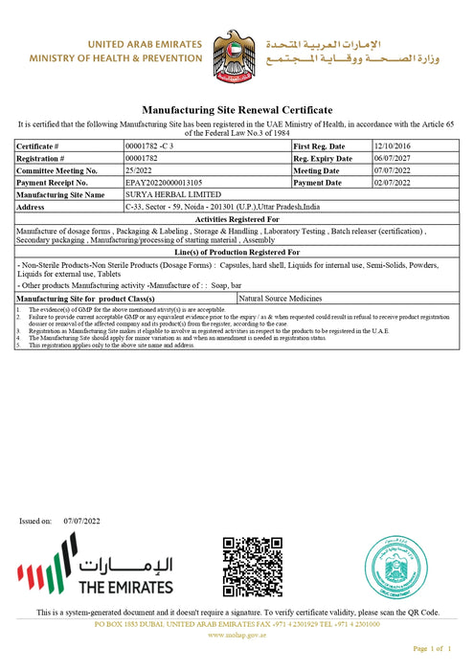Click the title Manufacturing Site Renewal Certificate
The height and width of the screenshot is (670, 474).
coord(237,111)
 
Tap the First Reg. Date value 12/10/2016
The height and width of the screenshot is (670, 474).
coord(393,145)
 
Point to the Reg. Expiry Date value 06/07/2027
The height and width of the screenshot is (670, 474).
coord(393,157)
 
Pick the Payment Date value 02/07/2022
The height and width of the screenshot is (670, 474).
coord(393,182)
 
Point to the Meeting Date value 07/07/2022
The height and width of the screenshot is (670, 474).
coord(393,169)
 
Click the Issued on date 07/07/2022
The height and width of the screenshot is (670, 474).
coord(81,521)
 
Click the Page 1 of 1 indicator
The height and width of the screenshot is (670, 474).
coord(430,649)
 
